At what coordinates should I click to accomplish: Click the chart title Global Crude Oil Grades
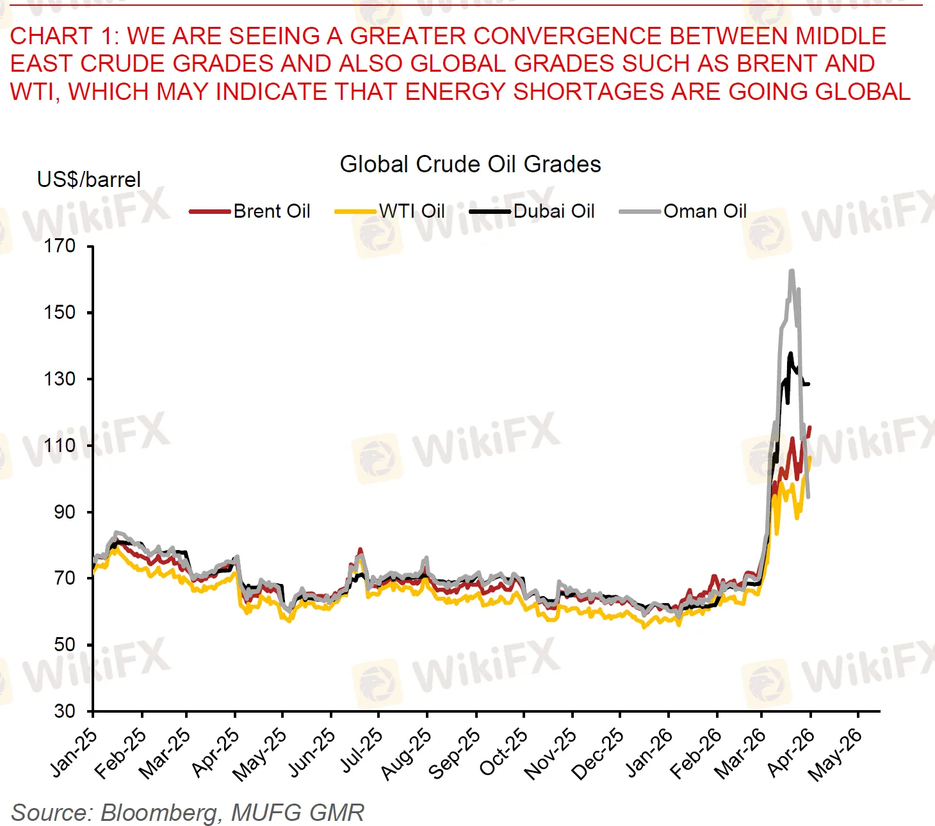tap(470, 165)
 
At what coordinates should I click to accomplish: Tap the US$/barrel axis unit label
tap(88, 179)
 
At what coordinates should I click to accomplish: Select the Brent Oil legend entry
tap(271, 211)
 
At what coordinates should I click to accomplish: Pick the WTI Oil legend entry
tap(411, 211)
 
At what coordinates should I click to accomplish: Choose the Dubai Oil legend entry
tap(553, 211)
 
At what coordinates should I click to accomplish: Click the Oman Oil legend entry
tap(704, 211)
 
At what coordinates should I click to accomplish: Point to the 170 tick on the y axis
tap(60, 246)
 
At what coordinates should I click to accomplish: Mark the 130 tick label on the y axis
tap(60, 379)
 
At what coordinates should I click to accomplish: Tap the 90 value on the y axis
tap(64, 512)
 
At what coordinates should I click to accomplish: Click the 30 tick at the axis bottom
tap(64, 711)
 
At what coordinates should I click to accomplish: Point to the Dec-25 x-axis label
tap(598, 754)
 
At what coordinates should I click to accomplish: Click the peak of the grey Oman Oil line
tap(792, 271)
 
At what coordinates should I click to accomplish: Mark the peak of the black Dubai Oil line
tap(791, 353)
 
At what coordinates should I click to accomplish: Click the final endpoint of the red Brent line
tap(810, 427)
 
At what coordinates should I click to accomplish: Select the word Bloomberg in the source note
tap(159, 813)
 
